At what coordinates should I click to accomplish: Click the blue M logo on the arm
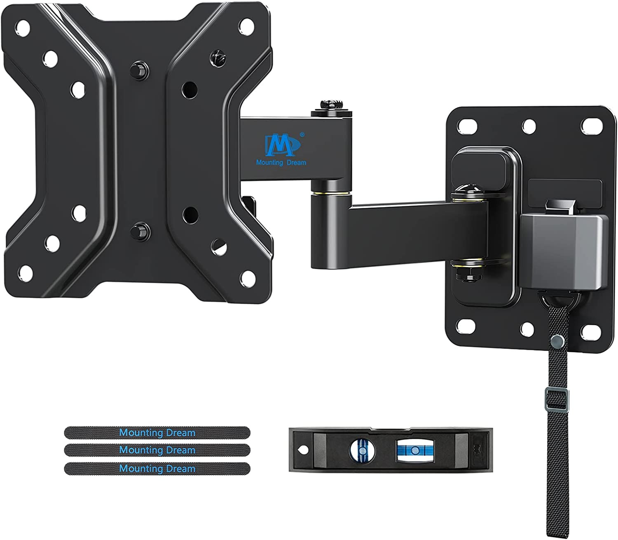(282, 144)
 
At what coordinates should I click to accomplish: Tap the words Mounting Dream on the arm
(281, 163)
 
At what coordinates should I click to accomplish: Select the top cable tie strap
(157, 433)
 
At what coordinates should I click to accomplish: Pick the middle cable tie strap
(157, 450)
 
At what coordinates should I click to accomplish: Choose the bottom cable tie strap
(157, 468)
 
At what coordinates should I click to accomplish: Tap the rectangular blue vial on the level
(415, 451)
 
